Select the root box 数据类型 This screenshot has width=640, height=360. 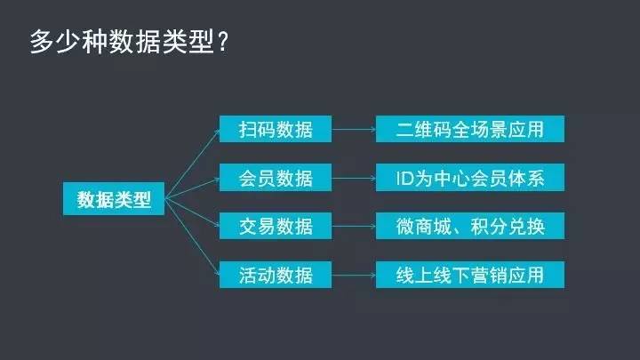click(x=114, y=199)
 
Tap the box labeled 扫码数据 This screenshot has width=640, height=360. click(x=276, y=129)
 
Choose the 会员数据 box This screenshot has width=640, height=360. click(x=276, y=178)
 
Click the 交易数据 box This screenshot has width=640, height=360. click(x=276, y=226)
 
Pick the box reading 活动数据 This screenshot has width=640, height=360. click(x=276, y=274)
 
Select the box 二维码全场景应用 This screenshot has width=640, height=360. click(x=470, y=129)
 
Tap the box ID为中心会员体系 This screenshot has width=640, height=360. click(x=470, y=178)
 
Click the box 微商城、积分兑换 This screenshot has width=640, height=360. click(x=470, y=226)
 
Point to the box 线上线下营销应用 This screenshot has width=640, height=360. click(x=470, y=274)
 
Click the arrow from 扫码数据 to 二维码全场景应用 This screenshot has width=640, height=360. click(x=354, y=130)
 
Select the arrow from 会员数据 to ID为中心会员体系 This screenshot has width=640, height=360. click(x=354, y=178)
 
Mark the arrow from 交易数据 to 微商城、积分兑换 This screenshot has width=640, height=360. click(x=354, y=226)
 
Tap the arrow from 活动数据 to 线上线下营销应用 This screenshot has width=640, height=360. click(x=354, y=274)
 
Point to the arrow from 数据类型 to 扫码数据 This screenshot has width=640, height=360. click(x=191, y=163)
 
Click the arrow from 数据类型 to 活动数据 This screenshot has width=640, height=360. click(x=191, y=236)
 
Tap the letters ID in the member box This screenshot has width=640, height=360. click(x=404, y=178)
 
